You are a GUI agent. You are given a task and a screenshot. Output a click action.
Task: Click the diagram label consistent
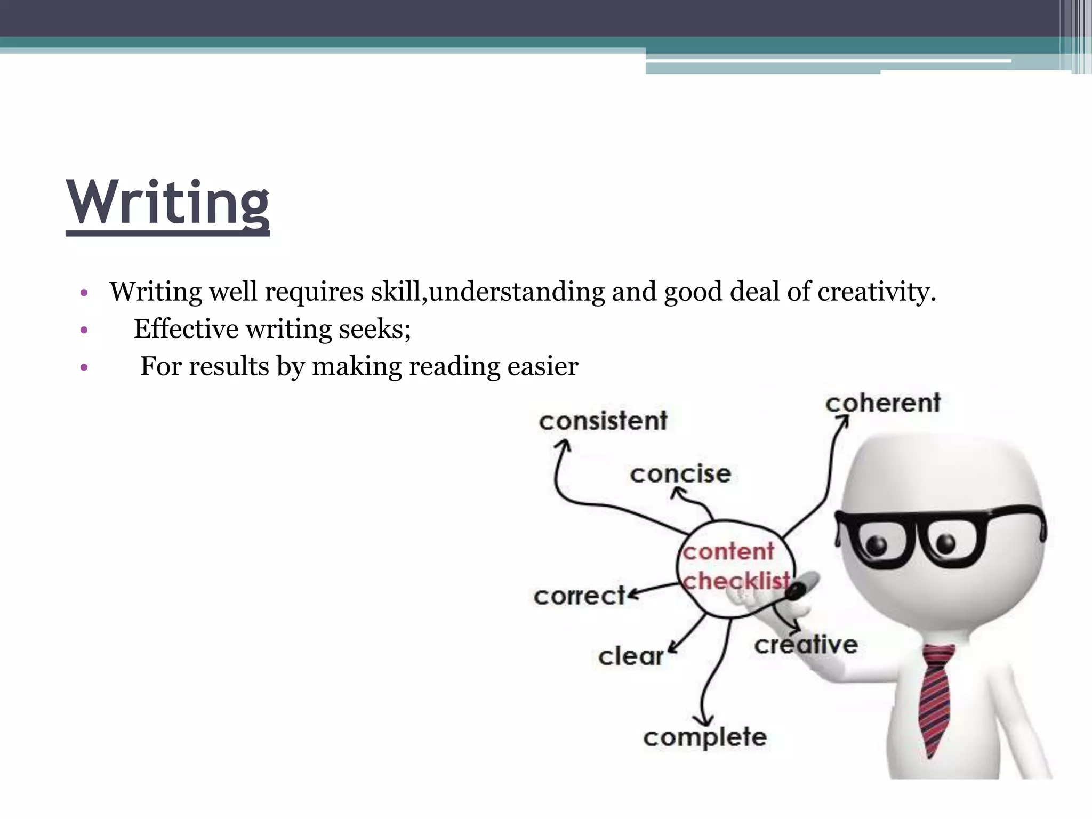[603, 421]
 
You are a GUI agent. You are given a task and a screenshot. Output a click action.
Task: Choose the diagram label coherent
[883, 403]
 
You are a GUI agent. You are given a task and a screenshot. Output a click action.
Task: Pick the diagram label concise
[680, 473]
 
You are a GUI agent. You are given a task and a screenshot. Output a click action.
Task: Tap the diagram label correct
[579, 596]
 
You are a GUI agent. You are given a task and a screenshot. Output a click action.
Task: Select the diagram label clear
[631, 656]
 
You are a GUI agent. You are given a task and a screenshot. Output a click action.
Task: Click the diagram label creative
[806, 645]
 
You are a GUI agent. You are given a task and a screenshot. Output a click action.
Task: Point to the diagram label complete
[705, 737]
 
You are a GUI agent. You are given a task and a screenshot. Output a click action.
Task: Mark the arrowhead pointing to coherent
[842, 422]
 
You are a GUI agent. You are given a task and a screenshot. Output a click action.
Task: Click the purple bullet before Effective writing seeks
[83, 330]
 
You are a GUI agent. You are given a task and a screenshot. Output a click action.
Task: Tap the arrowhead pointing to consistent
[563, 445]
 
